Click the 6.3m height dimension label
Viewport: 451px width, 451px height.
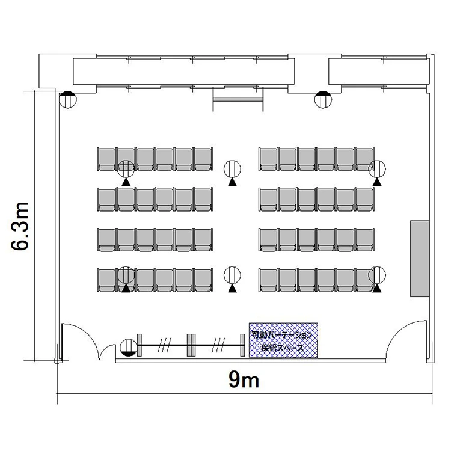point(20,226)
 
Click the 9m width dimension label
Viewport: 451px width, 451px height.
point(244,379)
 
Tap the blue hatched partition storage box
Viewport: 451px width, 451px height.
point(283,340)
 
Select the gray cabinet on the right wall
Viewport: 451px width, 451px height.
point(420,259)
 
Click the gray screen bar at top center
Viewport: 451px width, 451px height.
point(238,99)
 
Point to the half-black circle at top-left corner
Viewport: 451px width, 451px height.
point(68,99)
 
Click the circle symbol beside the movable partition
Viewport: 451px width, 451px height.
point(129,348)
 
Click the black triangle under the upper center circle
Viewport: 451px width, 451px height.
point(232,182)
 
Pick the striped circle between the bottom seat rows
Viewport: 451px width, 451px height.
point(232,275)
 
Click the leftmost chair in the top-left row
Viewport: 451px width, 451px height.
point(106,159)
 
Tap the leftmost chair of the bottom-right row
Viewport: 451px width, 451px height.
point(268,280)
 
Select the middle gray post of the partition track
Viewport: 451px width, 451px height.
point(191,345)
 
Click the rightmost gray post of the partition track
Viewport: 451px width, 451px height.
point(242,345)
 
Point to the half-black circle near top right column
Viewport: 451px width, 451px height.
point(323,99)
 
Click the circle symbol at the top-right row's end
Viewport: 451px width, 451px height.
point(377,169)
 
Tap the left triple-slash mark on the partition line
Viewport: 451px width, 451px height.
point(165,345)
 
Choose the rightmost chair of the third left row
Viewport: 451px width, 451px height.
point(203,240)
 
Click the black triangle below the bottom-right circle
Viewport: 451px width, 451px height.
point(377,289)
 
